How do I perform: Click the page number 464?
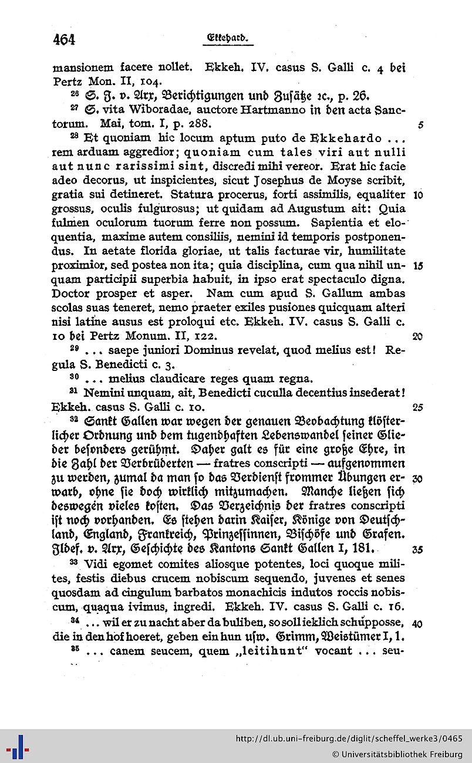pos(64,39)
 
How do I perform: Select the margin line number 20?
pos(418,336)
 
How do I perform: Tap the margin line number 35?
pos(418,550)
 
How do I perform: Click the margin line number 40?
pos(418,623)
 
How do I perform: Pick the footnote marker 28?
pos(74,137)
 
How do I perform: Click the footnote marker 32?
pos(74,421)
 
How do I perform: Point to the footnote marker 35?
pos(74,649)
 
